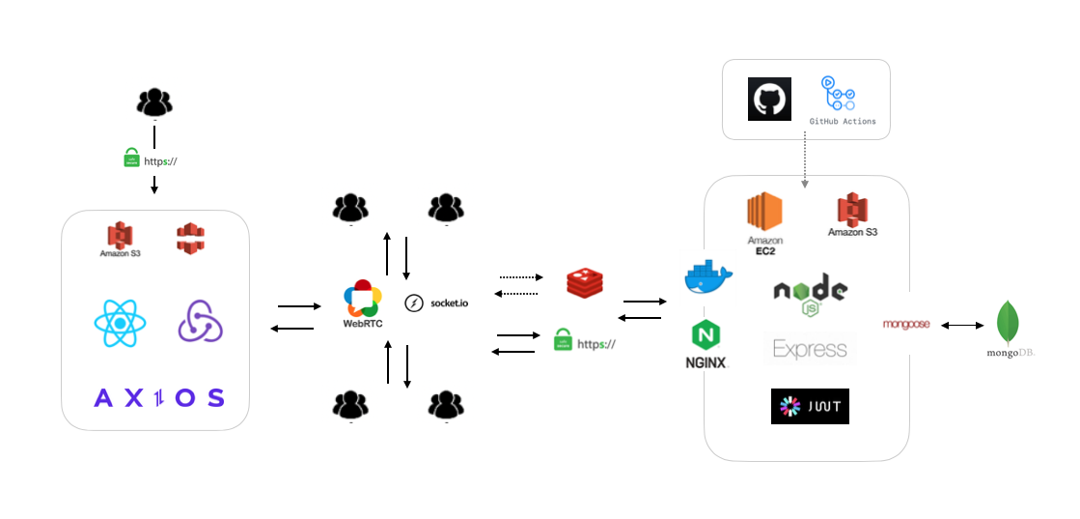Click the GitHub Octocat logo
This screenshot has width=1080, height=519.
pos(769,100)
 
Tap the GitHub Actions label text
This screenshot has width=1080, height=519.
pos(843,121)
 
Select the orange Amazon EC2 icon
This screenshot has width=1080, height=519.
pos(764,214)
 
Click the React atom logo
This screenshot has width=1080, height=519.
pos(121,323)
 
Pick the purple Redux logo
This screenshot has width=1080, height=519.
pos(200,321)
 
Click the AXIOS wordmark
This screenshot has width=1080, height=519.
pos(159,397)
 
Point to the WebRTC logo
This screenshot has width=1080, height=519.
pos(363,300)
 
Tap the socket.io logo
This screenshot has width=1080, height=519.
pos(436,303)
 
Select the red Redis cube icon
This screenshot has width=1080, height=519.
pos(584,281)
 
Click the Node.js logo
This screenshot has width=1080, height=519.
pos(811,294)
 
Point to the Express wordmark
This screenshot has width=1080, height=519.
pos(810,350)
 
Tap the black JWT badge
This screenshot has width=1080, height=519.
pos(810,406)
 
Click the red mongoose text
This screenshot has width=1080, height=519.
pos(906,325)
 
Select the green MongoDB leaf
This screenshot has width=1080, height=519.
pos(1010,323)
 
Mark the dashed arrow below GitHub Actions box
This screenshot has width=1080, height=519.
pos(804,163)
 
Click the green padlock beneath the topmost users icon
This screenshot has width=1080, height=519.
pos(132,159)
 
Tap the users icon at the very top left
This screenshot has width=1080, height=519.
pos(154,102)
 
